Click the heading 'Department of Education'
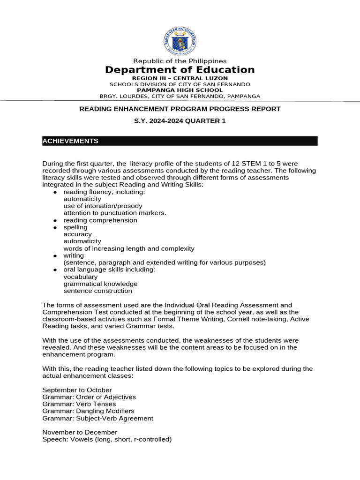pos(180,70)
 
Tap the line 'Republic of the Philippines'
pos(180,61)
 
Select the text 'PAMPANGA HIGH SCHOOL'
pos(180,90)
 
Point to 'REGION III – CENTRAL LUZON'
pos(180,78)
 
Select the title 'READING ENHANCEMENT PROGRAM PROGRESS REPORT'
pos(180,109)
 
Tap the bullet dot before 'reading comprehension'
pos(55,220)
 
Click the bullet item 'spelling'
pos(75,227)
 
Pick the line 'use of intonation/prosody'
pos(103,206)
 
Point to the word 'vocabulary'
pos(81,277)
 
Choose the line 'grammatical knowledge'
pos(100,284)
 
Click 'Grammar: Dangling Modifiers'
pos(88,411)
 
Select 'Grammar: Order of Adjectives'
pos(89,397)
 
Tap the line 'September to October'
pos(77,390)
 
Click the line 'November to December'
pos(80,432)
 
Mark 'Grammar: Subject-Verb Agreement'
pos(97,418)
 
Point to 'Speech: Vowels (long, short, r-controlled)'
pos(107,439)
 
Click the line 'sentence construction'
pos(97,291)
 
